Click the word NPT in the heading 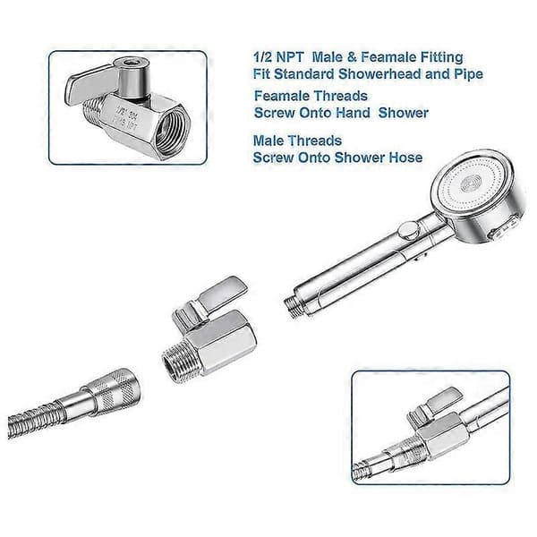click(x=290, y=57)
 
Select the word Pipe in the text click(x=468, y=74)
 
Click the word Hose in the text click(x=405, y=158)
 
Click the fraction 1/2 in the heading click(x=262, y=57)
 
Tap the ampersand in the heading click(x=352, y=57)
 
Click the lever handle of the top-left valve click(x=90, y=85)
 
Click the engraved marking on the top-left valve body click(x=127, y=118)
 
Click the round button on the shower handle click(x=408, y=229)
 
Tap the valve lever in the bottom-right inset click(x=435, y=405)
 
